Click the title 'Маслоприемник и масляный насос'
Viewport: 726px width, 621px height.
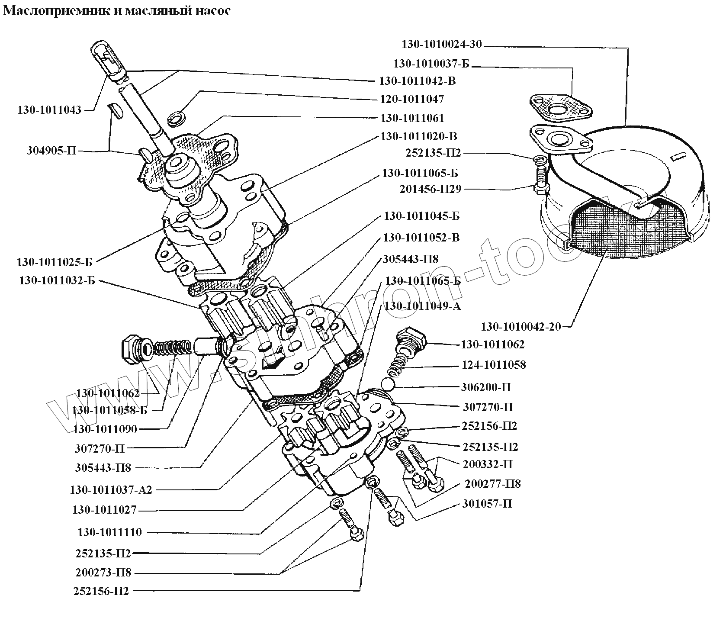tap(117, 11)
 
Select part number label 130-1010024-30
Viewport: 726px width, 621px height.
tap(442, 44)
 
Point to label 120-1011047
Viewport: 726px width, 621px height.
tap(411, 99)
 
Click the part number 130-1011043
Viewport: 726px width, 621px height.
tap(49, 110)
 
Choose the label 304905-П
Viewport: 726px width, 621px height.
tap(51, 151)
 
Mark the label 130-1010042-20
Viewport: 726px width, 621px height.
tap(520, 326)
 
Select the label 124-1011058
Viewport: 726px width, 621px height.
tap(493, 365)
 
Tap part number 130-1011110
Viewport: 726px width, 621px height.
tap(110, 532)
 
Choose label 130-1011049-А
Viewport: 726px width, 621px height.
tap(423, 306)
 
